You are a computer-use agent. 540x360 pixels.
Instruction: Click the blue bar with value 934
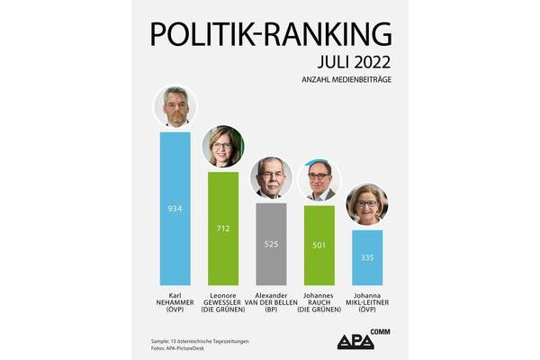click(x=175, y=210)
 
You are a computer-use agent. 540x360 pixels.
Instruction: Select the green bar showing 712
click(x=222, y=229)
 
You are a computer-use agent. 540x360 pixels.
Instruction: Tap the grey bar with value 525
click(x=271, y=245)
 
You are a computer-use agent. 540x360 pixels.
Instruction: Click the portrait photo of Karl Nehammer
click(x=175, y=107)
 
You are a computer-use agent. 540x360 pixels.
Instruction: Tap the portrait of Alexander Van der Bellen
click(x=271, y=177)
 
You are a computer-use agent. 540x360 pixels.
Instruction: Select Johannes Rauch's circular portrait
click(x=319, y=181)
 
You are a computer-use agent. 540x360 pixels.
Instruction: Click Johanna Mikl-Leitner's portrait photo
click(x=367, y=205)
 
